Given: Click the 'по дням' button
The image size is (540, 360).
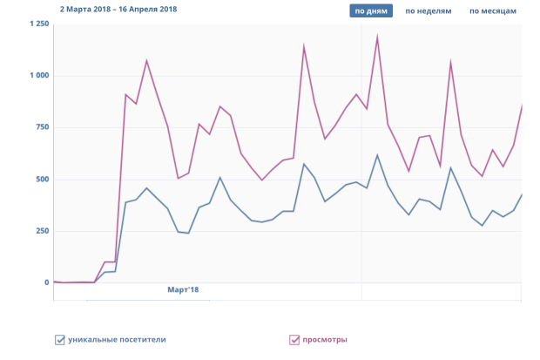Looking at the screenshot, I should click(x=371, y=11).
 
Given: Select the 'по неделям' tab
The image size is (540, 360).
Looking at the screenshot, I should click(x=429, y=11).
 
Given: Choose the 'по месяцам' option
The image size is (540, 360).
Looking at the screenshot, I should click(x=493, y=11).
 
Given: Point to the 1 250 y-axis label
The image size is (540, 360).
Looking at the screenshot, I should click(x=39, y=24).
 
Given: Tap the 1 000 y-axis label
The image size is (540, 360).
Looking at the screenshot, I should click(x=39, y=76).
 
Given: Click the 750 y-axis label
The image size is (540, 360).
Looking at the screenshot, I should click(x=42, y=127).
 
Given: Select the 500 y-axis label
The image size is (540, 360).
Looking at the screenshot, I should click(x=42, y=180).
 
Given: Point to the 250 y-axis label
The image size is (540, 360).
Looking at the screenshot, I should click(x=42, y=231).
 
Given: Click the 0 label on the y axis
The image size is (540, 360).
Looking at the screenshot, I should click(x=47, y=282).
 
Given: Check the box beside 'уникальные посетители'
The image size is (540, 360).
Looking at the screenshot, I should click(x=60, y=340).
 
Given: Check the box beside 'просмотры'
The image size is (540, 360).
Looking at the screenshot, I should click(x=294, y=340).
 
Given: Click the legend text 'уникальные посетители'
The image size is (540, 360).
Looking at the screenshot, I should click(x=117, y=340).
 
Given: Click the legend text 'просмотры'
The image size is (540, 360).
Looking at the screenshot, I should click(x=325, y=340).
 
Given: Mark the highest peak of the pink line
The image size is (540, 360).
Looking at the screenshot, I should click(x=377, y=37).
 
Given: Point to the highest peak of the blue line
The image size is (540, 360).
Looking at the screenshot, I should click(x=377, y=155).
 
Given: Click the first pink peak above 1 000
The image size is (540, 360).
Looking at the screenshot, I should click(x=146, y=61).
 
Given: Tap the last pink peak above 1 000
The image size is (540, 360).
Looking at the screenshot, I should click(x=450, y=62).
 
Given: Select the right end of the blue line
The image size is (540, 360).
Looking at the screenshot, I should click(x=521, y=194).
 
